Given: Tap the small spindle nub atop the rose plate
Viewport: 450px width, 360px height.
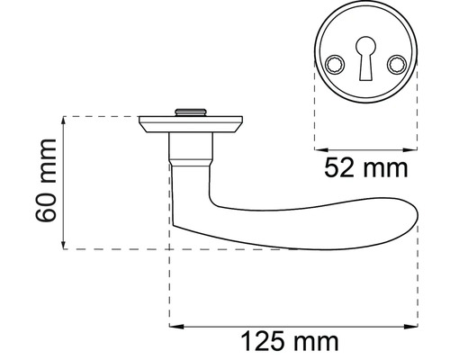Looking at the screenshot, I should click(x=190, y=111).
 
